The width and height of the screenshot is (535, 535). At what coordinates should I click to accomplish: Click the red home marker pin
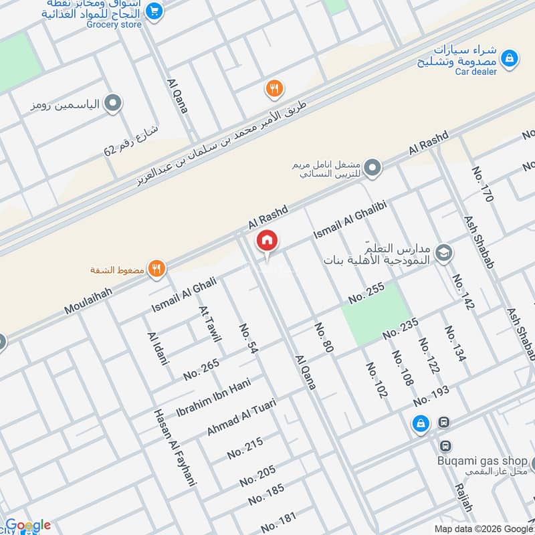(x=267, y=241)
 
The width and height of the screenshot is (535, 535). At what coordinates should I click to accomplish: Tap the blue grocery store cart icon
(x=154, y=11)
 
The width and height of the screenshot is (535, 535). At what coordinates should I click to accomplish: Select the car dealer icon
(x=510, y=59)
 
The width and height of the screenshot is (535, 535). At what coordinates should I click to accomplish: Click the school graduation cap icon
(x=443, y=253)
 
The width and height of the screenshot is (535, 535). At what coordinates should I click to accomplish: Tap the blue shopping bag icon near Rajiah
(x=421, y=423)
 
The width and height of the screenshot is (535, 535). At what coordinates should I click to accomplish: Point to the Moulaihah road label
(x=88, y=300)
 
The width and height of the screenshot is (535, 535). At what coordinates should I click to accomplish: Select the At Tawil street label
(x=209, y=324)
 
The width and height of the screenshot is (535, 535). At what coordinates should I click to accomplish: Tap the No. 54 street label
(x=249, y=340)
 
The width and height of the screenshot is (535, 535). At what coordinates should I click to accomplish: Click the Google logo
(x=28, y=525)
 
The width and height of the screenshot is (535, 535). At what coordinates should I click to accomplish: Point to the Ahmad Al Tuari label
(x=241, y=417)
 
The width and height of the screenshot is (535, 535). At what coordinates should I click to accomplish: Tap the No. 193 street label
(x=431, y=397)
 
